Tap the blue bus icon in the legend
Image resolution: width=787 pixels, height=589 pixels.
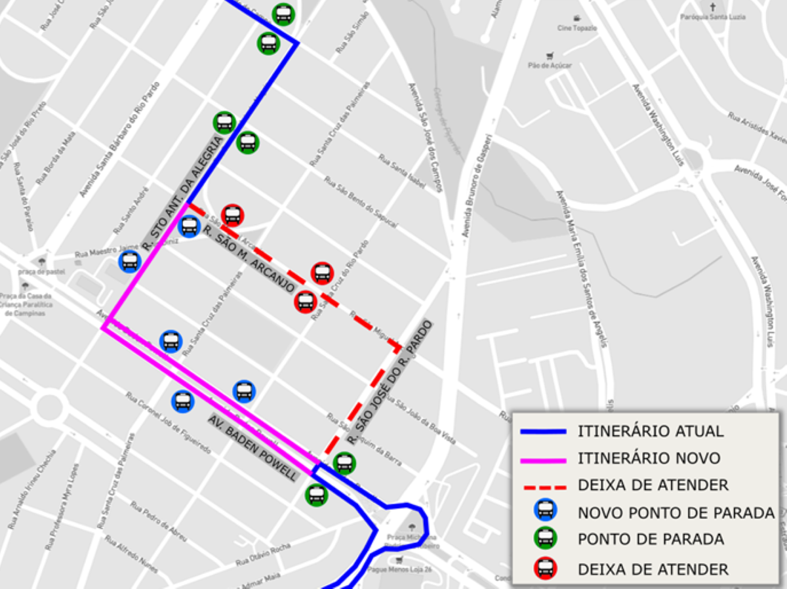(545, 510)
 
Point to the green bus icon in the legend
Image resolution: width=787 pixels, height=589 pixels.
(545, 539)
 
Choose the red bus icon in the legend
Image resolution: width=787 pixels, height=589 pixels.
(545, 569)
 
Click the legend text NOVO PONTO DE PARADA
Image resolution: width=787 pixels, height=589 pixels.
(676, 513)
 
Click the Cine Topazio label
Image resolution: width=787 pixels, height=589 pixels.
(577, 28)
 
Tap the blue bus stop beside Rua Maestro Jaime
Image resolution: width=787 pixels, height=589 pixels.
(130, 261)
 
